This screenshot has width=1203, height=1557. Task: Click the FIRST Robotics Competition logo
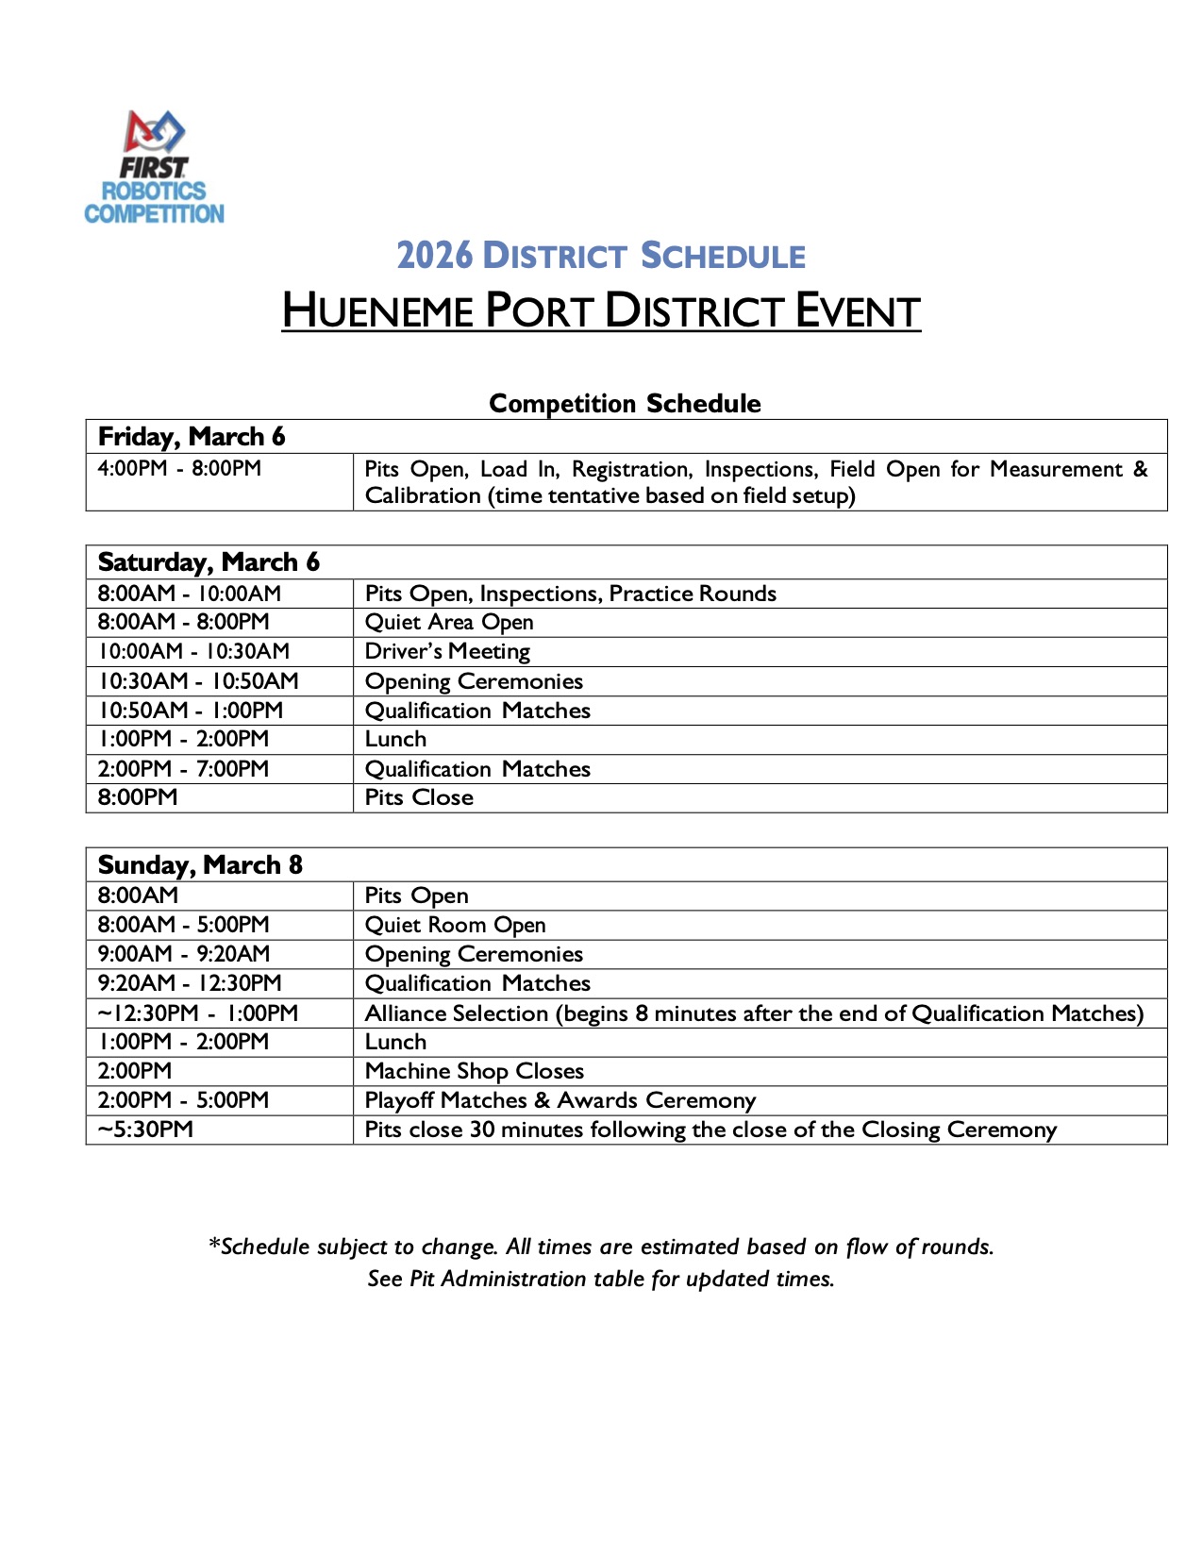[155, 168]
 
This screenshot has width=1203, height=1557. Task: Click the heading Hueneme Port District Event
[601, 311]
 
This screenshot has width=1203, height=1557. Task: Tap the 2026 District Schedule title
[601, 256]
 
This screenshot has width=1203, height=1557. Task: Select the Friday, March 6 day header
[192, 437]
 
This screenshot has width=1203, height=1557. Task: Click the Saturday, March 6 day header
[209, 562]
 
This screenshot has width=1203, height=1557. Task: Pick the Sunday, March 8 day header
[200, 865]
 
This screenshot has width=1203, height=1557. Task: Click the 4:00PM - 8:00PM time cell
[179, 469]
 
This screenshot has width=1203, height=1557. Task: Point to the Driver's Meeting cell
[447, 652]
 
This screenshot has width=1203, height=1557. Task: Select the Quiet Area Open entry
[449, 623]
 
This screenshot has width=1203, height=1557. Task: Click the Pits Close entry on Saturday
[419, 798]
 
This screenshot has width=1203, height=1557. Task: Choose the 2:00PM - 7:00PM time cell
[183, 769]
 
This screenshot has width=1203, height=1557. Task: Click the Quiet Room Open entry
[455, 926]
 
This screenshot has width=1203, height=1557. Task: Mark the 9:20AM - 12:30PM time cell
[190, 983]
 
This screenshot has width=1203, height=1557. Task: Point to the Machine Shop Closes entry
[475, 1071]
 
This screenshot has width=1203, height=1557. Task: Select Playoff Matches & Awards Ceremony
[560, 1100]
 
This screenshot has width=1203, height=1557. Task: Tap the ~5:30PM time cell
[145, 1130]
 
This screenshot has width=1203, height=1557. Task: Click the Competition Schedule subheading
[625, 404]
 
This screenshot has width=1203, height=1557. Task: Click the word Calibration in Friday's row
[423, 496]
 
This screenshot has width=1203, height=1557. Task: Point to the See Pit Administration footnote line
[601, 1280]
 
